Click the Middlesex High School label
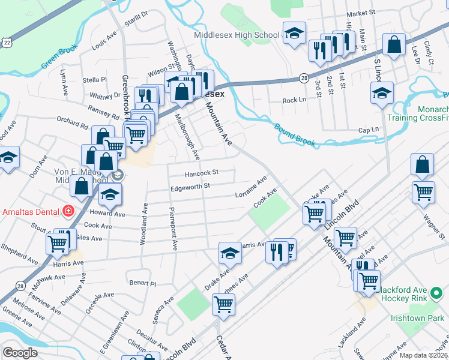point(237,35)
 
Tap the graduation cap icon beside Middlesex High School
point(294,34)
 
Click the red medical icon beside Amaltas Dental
point(68,211)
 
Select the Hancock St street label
point(201,173)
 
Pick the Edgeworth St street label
point(190,187)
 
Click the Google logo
point(20,352)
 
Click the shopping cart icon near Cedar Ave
point(223,304)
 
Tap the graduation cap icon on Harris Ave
point(230,254)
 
